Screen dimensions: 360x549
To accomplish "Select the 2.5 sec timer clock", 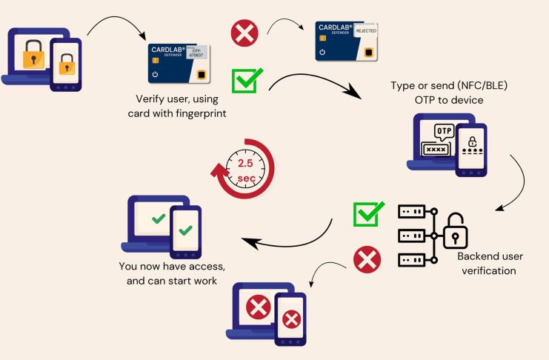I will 244,168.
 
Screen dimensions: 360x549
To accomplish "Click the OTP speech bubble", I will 443,131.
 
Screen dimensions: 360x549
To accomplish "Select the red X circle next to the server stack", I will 364,259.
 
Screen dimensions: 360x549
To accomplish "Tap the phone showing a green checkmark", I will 186,233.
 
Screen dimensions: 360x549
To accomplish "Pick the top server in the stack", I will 412,213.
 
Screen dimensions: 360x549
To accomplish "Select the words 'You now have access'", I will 172,266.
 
